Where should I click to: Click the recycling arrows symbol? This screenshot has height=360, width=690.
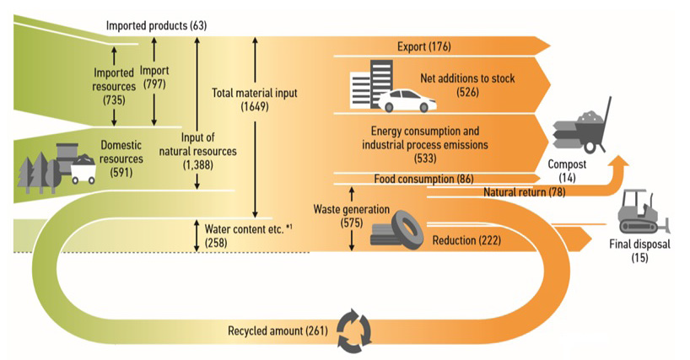point(353,329)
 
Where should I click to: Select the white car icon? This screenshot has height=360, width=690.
point(407,101)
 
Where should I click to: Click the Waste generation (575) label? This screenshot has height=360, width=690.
point(351,215)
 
